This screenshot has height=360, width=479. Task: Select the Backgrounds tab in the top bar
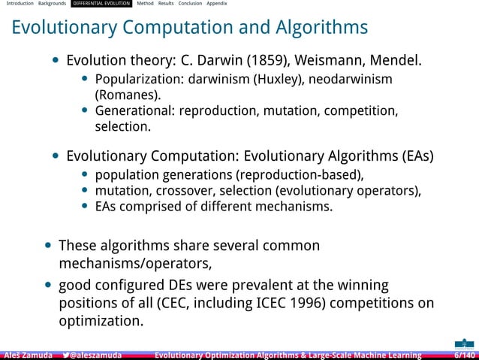click(52, 4)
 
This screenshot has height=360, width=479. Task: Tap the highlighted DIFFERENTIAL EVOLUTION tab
click(102, 4)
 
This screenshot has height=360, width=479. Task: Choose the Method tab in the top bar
click(145, 4)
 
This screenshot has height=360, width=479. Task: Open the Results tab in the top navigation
click(166, 4)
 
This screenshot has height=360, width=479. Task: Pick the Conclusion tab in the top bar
click(190, 4)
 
